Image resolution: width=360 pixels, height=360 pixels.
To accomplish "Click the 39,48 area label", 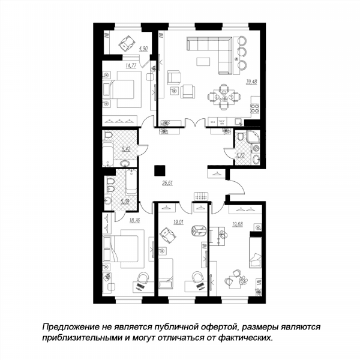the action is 251,82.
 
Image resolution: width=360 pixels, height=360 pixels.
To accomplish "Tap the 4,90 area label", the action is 143,49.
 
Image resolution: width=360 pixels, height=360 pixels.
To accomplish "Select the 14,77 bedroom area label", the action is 131,65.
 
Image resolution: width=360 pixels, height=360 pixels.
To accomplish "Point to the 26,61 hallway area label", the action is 167,183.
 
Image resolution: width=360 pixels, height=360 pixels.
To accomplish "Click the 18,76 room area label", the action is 134,220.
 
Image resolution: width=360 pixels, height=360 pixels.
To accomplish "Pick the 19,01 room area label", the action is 178,222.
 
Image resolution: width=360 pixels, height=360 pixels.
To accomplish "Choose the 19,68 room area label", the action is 238,224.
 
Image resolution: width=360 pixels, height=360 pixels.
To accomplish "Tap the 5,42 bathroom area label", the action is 126,149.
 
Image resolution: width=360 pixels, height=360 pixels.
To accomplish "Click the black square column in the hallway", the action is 160,170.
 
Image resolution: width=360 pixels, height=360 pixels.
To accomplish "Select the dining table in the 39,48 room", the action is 224,97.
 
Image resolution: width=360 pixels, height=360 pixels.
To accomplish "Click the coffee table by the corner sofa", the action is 203,62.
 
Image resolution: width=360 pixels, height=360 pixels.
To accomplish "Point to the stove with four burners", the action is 255,109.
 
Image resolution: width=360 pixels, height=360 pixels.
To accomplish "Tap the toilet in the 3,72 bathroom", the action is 241,136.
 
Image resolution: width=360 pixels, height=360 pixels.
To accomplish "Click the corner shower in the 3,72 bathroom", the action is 253,136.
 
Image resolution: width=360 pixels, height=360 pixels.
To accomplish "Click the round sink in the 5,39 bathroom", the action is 107,201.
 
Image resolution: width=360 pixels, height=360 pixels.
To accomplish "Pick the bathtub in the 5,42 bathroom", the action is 108,154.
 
